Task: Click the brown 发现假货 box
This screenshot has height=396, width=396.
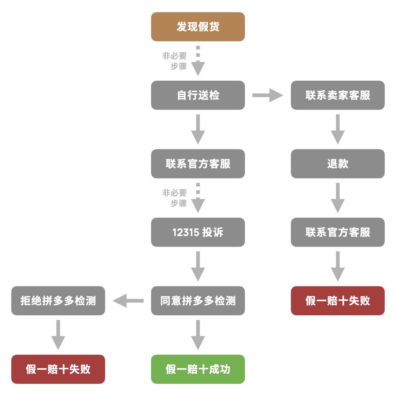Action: coord(198,27)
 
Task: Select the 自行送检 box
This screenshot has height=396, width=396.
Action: coord(198,95)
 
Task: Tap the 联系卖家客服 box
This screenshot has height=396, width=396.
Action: coord(338,95)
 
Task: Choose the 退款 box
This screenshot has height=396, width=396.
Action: coord(338,164)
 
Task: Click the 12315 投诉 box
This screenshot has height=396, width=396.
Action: coord(198,232)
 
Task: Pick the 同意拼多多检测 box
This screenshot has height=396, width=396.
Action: coord(198,301)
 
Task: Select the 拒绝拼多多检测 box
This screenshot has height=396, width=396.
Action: coord(58,301)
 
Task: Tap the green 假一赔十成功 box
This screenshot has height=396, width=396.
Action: coord(198,369)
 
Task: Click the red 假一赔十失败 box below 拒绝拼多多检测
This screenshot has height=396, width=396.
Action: coord(58,369)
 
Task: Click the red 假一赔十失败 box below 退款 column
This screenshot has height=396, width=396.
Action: coord(338,301)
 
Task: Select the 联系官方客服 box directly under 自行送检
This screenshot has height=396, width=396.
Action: coord(198,164)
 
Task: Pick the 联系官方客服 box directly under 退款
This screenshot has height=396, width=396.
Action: coord(338,232)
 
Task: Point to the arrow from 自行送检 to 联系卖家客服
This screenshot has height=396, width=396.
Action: coord(268,95)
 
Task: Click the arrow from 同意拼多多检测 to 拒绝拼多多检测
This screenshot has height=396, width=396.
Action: coord(128,301)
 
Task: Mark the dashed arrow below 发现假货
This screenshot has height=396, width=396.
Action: coord(198,61)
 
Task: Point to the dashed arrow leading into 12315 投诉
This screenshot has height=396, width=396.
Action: coord(198,198)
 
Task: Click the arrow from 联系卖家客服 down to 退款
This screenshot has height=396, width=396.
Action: coord(338,129)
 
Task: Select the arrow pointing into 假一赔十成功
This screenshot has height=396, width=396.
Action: coord(198,335)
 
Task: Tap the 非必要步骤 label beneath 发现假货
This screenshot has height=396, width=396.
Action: coord(175,61)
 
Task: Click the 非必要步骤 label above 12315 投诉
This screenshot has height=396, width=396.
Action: coord(175,198)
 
